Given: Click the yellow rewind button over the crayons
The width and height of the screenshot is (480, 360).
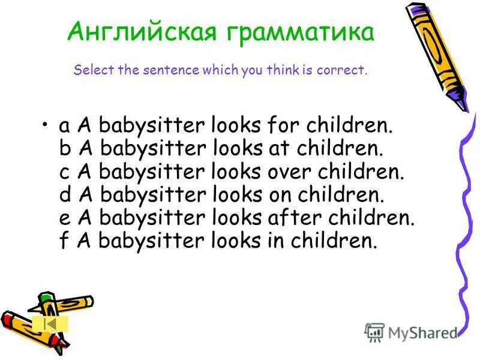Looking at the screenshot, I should (50, 323).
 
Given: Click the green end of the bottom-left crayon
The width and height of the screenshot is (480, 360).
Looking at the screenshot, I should (47, 298).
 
